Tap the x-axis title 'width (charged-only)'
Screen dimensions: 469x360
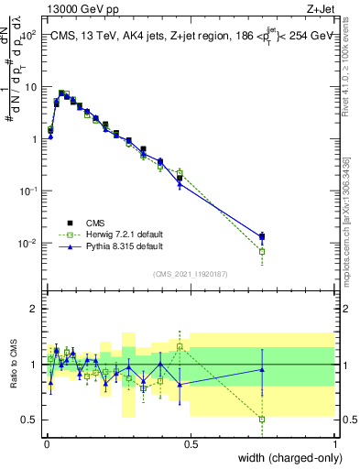click(286, 458)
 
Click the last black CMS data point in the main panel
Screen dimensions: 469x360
click(262, 237)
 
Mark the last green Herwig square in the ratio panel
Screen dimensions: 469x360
click(262, 420)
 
